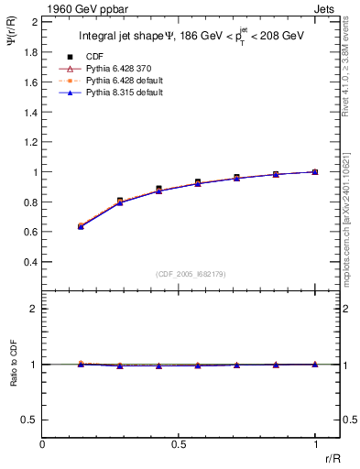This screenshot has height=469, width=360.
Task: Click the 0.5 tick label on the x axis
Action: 179,444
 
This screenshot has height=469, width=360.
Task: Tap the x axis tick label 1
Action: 315,444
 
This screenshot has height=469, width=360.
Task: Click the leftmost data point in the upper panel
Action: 81,225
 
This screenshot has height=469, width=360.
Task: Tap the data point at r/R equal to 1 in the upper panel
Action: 315,171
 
